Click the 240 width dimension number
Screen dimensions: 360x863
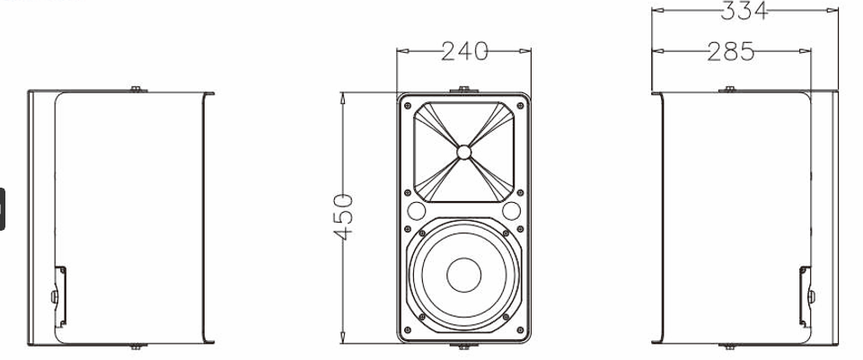[x=463, y=52]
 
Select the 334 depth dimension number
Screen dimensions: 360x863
[x=744, y=11]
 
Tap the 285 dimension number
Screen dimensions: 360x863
[x=730, y=52]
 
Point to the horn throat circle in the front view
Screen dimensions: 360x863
[x=462, y=152]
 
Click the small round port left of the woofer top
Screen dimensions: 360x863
[x=415, y=212]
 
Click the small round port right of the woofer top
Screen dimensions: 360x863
[x=511, y=212]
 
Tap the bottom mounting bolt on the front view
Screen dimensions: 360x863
[x=462, y=346]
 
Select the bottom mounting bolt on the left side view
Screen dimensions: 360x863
[x=134, y=346]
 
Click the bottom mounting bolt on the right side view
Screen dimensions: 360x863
[x=729, y=346]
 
